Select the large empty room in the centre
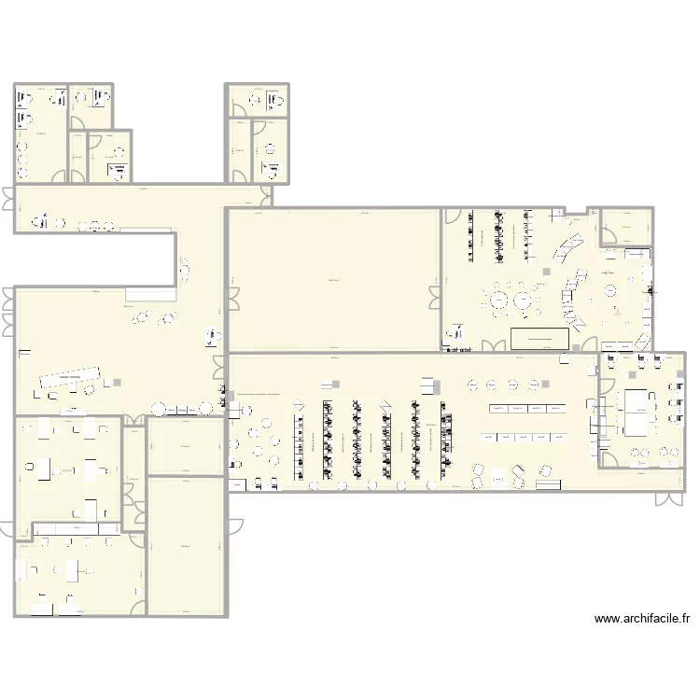(x=333, y=280)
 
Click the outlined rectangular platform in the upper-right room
(x=540, y=338)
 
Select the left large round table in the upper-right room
(x=498, y=301)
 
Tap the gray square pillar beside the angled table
(x=117, y=382)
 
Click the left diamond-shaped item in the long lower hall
(x=300, y=404)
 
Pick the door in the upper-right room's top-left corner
(x=452, y=217)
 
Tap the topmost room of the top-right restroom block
(x=258, y=100)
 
